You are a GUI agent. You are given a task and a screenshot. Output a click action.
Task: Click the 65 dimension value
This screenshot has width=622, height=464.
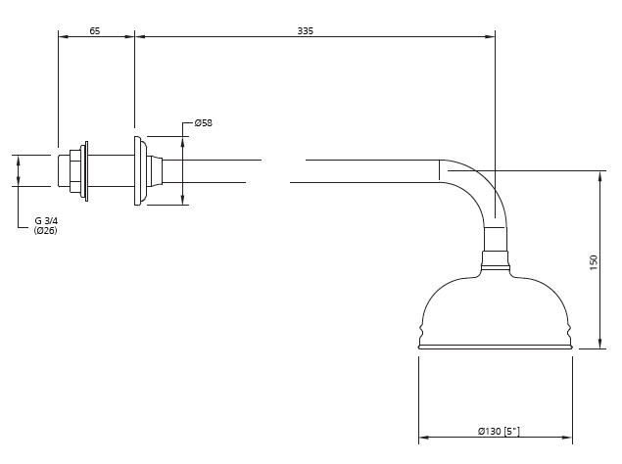click(95, 30)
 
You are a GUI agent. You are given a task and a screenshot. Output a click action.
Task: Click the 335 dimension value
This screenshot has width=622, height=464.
click(306, 30)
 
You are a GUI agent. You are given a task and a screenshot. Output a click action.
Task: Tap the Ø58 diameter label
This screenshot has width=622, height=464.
click(204, 123)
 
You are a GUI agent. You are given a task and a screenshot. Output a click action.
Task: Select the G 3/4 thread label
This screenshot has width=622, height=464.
click(46, 221)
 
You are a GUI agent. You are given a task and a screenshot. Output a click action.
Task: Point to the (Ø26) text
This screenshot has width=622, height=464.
click(46, 230)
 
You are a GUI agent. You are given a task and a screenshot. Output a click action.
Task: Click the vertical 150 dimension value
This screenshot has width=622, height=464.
click(594, 262)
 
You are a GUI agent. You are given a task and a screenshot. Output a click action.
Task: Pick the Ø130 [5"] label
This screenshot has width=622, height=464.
click(499, 431)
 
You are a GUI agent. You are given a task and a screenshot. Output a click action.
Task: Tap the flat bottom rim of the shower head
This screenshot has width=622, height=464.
click(496, 347)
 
